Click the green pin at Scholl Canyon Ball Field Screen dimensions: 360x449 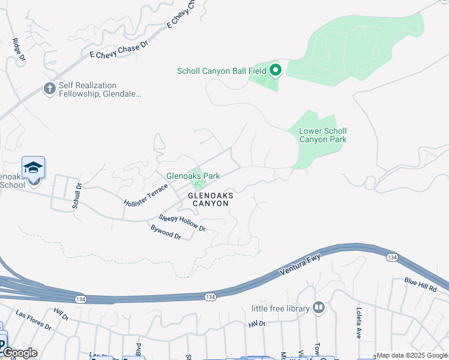pyautogui.click(x=276, y=71)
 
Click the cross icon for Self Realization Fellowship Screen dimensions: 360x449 pyautogui.click(x=50, y=89)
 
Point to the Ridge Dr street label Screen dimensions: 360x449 pyautogui.click(x=19, y=50)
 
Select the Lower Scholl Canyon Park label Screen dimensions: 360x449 pyautogui.click(x=323, y=135)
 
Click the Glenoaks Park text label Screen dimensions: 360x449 pyautogui.click(x=193, y=176)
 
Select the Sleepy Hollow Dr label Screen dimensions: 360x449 pyautogui.click(x=182, y=223)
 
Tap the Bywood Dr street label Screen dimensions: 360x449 pyautogui.click(x=166, y=232)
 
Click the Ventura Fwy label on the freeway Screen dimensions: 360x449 pyautogui.click(x=300, y=265)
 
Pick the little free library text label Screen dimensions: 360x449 pyautogui.click(x=280, y=308)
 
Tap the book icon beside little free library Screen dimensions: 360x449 pyautogui.click(x=319, y=308)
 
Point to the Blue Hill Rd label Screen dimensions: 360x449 pyautogui.click(x=420, y=285)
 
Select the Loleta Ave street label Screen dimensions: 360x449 pyautogui.click(x=359, y=323)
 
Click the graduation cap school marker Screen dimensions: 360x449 pyautogui.click(x=34, y=167)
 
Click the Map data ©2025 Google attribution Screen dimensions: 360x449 pyautogui.click(x=412, y=355)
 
